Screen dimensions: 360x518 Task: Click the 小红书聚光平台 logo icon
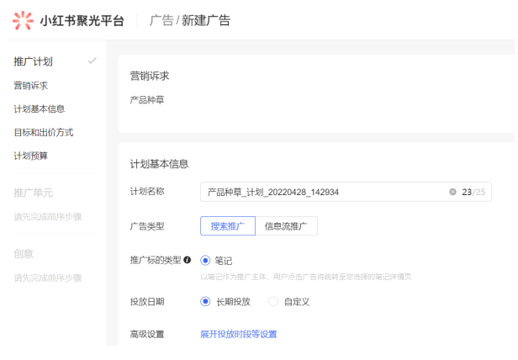[24, 20]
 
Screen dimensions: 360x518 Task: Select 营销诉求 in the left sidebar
[30, 85]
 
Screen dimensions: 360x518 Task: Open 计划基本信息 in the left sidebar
[39, 109]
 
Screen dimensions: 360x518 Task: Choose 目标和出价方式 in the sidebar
[43, 132]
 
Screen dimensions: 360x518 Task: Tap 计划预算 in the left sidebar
[30, 156]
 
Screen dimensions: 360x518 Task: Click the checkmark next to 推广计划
[92, 61]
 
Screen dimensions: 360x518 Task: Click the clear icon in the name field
[452, 192]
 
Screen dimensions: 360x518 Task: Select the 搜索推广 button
[227, 226]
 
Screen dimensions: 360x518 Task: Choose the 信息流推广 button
[286, 226]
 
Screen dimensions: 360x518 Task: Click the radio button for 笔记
[205, 261]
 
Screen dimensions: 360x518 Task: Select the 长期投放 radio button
[205, 301]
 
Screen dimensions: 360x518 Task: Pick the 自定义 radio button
[273, 301]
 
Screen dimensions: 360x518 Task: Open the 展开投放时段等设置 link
[238, 334]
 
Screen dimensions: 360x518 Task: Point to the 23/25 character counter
[473, 192]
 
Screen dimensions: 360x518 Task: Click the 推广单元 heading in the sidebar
[34, 193]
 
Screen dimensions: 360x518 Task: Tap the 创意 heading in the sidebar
[24, 253]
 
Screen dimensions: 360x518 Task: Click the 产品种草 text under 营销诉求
[147, 100]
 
